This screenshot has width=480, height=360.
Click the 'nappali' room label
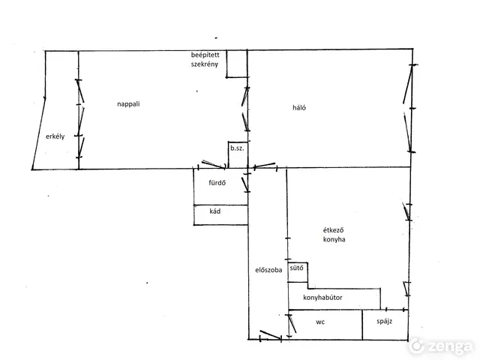(x=128, y=104)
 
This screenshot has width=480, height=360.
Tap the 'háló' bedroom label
(x=299, y=107)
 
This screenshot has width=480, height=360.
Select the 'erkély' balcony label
(x=55, y=136)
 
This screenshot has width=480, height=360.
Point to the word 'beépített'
(x=205, y=55)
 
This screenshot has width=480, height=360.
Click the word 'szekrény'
(x=205, y=64)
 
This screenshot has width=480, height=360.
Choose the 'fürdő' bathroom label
(x=217, y=183)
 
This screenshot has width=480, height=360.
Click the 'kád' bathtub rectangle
(x=220, y=215)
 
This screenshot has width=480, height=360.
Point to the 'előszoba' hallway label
(x=268, y=270)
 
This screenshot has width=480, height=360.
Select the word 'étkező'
(x=333, y=230)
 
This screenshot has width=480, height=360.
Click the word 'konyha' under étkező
(x=334, y=239)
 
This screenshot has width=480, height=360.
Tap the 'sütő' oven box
(x=298, y=272)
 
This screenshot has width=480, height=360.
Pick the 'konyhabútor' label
(x=322, y=298)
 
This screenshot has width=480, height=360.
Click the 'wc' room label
(x=320, y=322)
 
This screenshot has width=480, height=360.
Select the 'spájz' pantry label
(x=385, y=322)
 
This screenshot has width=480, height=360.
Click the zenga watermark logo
(x=442, y=346)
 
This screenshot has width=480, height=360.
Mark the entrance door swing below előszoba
(x=271, y=335)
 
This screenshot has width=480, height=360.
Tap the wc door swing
(x=292, y=323)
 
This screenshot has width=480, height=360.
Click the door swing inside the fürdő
(x=245, y=184)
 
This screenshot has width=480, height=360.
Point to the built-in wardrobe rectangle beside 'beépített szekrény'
(x=237, y=64)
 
